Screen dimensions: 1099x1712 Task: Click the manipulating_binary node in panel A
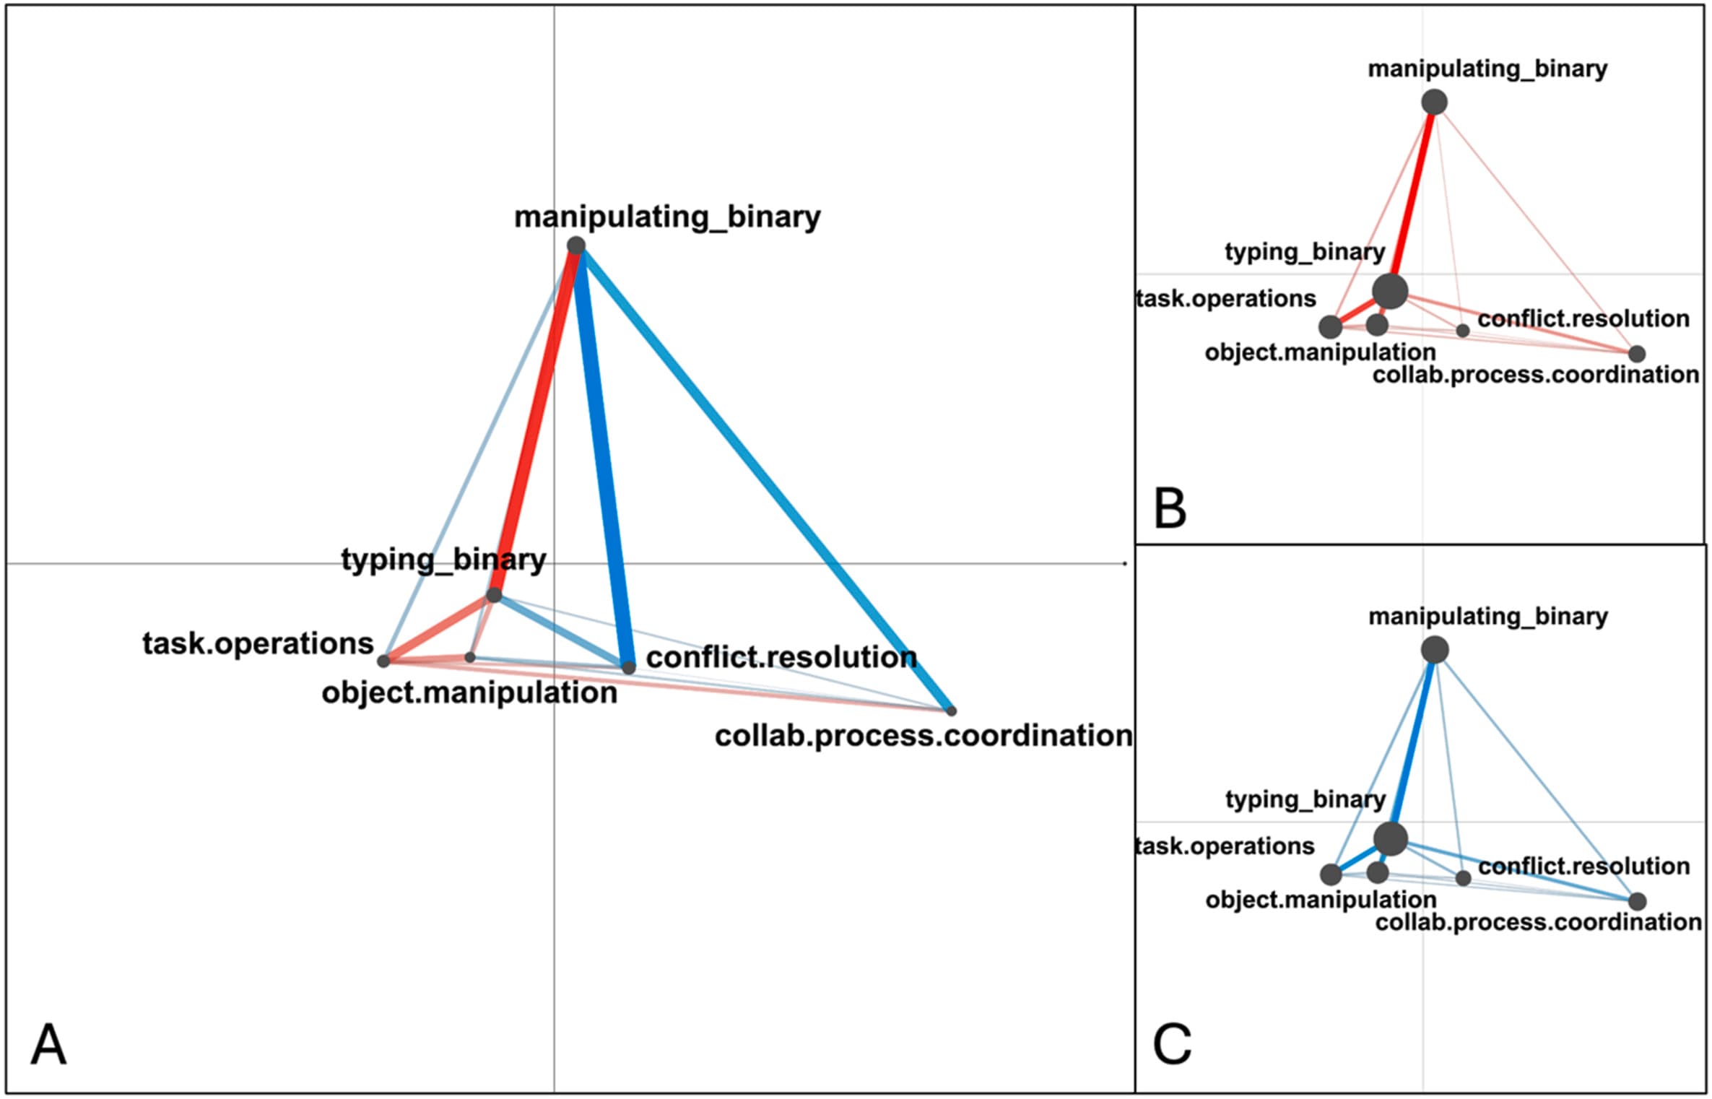(x=575, y=246)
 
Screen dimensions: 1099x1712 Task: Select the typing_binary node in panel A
(x=494, y=595)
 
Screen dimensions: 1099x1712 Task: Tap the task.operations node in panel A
(x=384, y=660)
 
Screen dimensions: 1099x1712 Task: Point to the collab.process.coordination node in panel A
(x=951, y=711)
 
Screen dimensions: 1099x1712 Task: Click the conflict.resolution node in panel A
(x=629, y=667)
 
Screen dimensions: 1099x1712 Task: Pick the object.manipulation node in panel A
(x=470, y=657)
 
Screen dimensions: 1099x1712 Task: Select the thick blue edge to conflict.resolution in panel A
(x=604, y=455)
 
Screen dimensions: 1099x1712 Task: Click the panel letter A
(x=48, y=1044)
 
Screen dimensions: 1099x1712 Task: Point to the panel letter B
(x=1170, y=508)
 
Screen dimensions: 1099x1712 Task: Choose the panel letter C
(x=1171, y=1044)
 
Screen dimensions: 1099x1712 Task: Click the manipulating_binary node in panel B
(x=1434, y=102)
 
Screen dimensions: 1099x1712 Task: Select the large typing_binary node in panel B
(x=1390, y=291)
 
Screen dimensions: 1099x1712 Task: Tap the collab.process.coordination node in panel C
(x=1637, y=901)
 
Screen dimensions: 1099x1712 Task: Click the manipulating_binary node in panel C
(x=1435, y=650)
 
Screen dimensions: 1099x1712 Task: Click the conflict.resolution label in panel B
(x=1583, y=318)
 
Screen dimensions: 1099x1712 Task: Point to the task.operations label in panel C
(x=1225, y=846)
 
